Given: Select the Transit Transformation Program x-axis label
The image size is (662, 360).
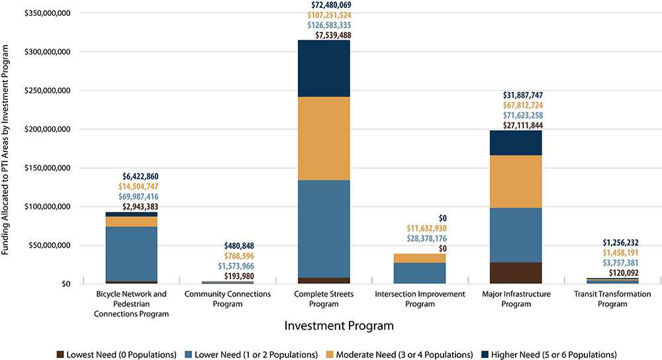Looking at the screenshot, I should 612,299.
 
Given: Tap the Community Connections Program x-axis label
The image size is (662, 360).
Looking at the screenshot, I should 227,299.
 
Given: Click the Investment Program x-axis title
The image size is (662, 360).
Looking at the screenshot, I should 339,326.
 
